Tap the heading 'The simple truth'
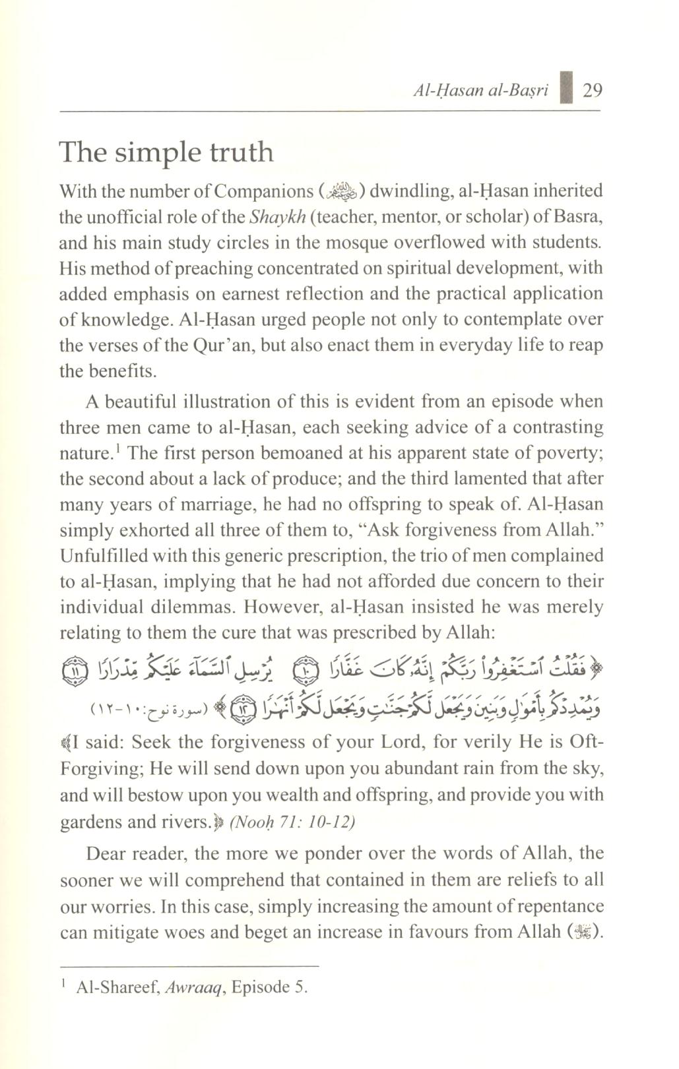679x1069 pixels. tap(166, 152)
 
